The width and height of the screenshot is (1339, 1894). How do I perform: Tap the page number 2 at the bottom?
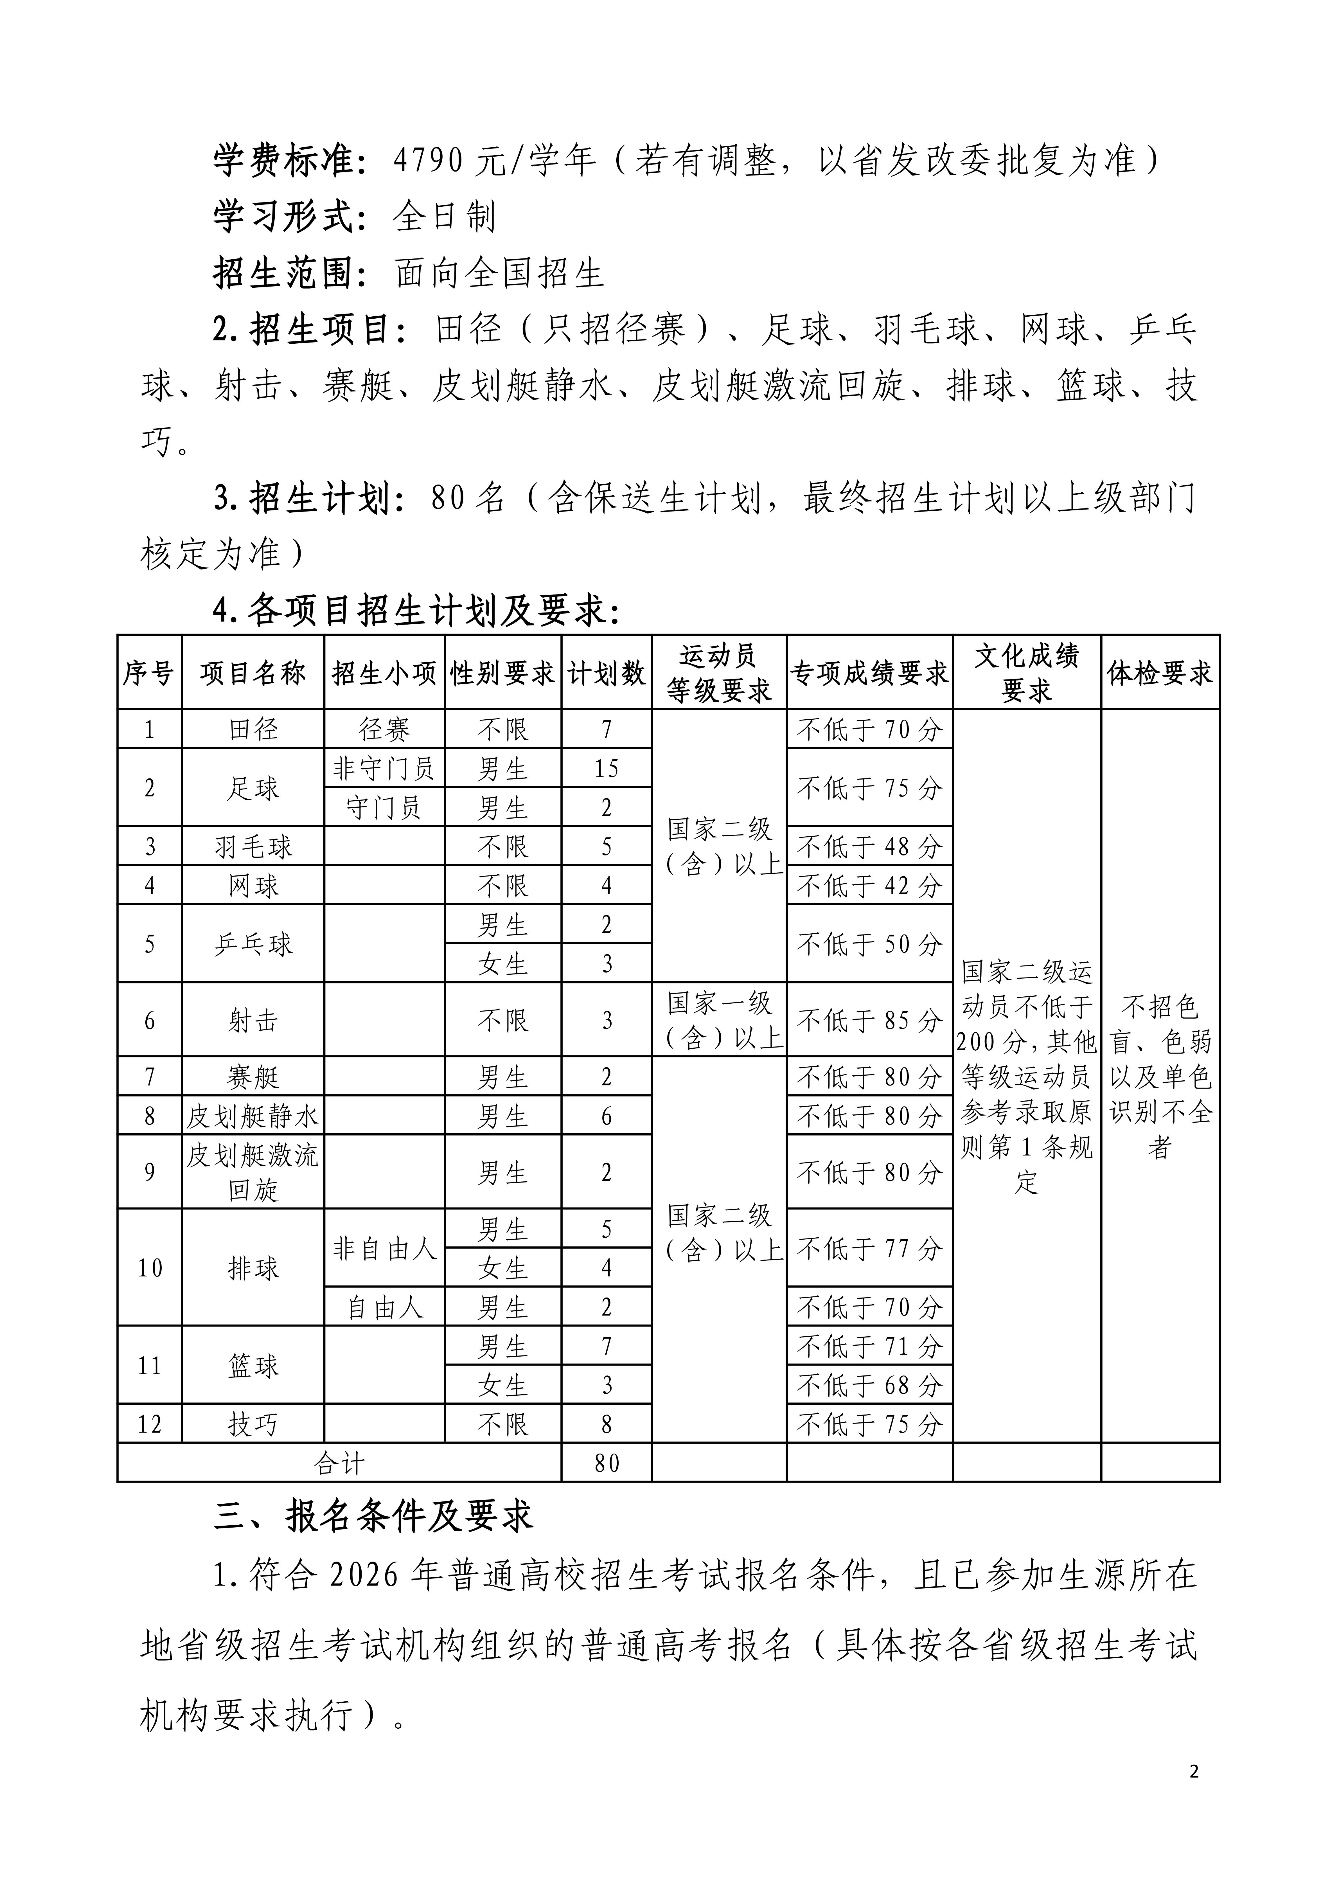point(1194,1772)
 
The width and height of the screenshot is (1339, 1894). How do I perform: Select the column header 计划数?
point(607,673)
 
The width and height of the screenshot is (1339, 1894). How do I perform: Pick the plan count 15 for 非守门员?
point(607,769)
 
